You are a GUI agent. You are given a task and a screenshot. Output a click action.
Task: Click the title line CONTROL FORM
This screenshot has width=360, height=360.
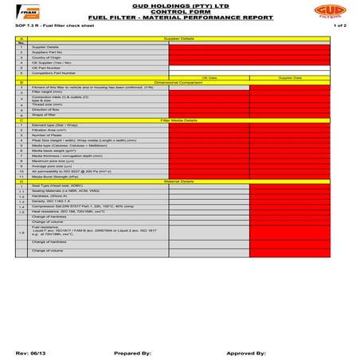[x=179, y=14]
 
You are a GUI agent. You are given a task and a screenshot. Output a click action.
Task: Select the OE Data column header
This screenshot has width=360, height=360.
[x=209, y=78]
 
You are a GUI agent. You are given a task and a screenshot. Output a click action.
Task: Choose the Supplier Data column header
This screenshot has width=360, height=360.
[x=290, y=78]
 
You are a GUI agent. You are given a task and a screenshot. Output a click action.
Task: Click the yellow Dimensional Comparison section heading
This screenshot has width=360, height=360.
[x=179, y=83]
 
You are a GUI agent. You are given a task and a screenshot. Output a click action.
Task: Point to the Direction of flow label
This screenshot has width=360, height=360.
[x=47, y=109]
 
